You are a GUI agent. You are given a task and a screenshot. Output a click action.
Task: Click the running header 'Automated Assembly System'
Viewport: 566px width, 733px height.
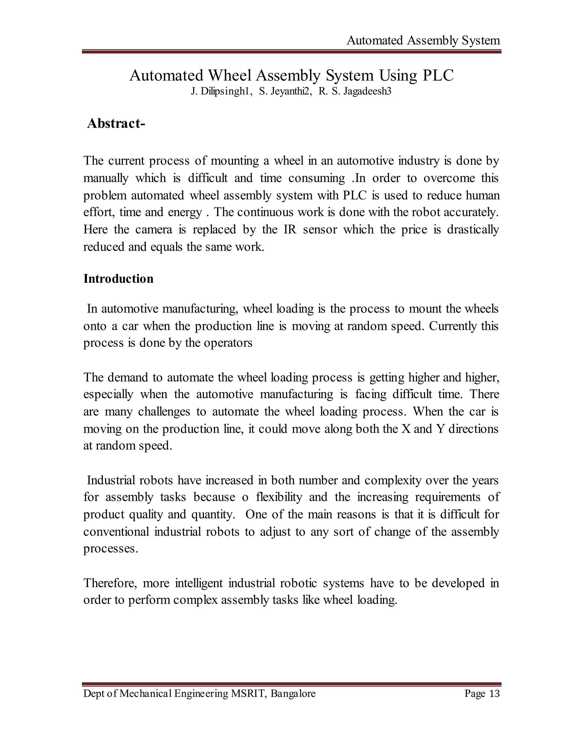423,41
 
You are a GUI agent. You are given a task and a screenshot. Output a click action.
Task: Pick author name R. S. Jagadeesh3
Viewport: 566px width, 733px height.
355,92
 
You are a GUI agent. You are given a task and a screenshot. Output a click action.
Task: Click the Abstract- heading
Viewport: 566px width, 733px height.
116,124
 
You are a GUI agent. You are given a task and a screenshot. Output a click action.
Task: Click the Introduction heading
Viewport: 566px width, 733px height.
118,279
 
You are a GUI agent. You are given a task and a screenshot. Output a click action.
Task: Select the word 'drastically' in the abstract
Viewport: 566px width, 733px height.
473,230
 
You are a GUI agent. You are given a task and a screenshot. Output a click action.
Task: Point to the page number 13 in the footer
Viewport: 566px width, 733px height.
494,694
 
